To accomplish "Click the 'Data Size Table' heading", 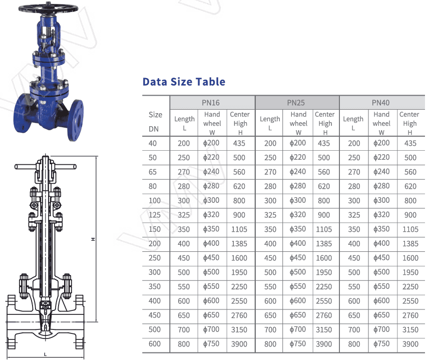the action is tap(184, 82).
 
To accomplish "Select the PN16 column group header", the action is tap(211, 103).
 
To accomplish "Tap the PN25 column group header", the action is tap(296, 103).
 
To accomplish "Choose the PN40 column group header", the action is tap(380, 103).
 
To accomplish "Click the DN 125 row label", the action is tap(155, 215).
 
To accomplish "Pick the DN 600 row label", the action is tap(155, 343).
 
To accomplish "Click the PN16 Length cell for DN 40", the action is tap(184, 143).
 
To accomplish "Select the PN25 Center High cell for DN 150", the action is tap(324, 229).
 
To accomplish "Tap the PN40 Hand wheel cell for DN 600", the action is tap(381, 343).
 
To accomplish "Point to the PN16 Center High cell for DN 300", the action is tap(239, 272).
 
